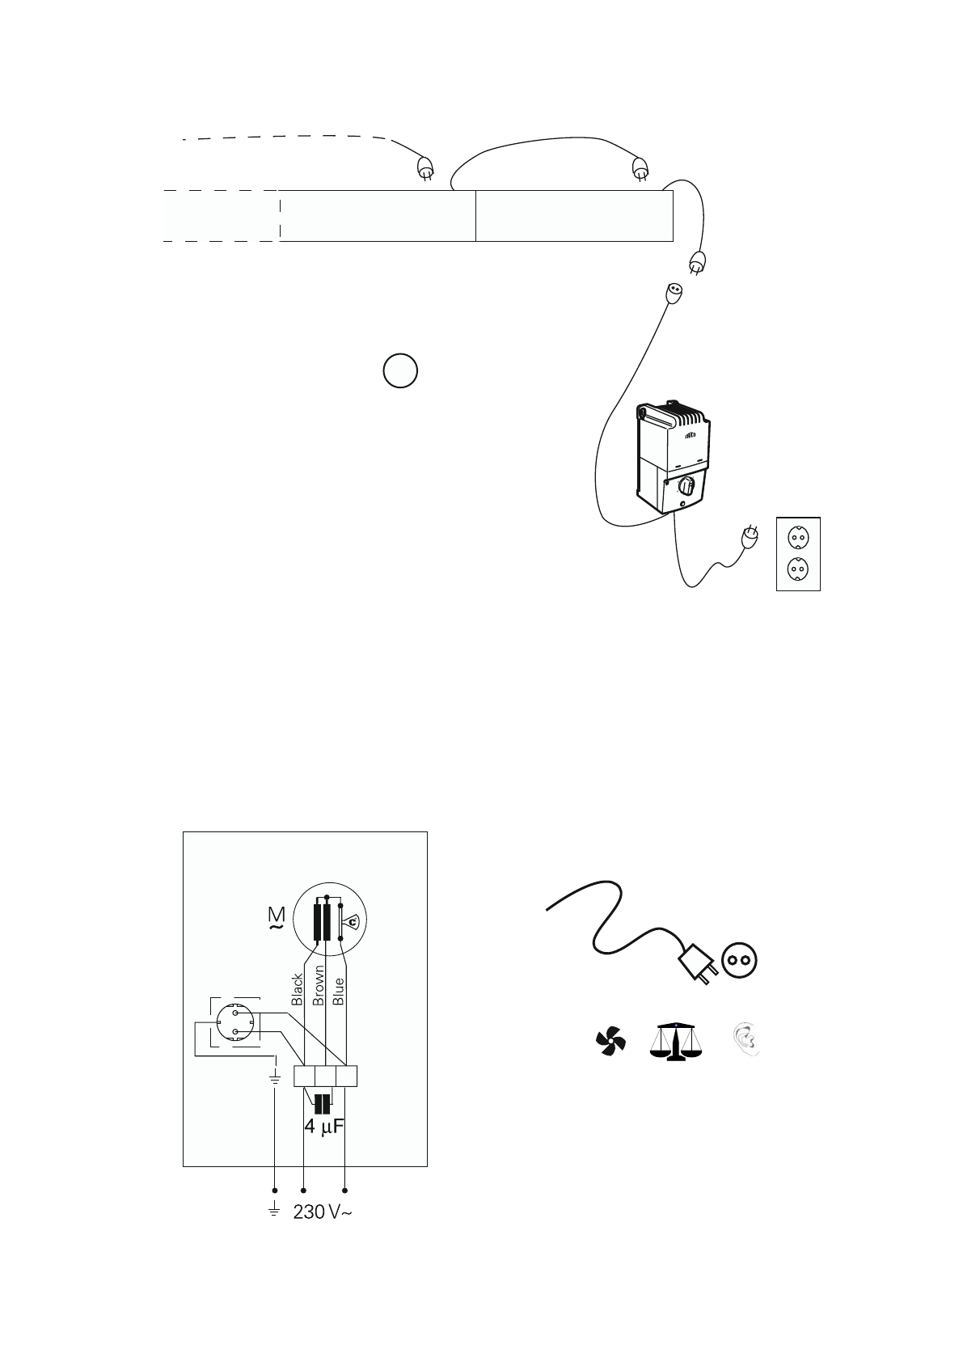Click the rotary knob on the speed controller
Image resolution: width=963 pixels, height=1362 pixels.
coord(686,486)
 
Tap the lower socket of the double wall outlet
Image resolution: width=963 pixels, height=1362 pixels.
coord(797,570)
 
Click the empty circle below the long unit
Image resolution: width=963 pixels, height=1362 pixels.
coord(400,370)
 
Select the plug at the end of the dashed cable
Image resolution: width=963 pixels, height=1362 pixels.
coord(424,168)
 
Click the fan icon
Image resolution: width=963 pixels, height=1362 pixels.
coord(610,1042)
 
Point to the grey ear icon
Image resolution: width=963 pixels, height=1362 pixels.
coord(746,1042)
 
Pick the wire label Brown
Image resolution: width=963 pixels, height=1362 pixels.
coord(319,985)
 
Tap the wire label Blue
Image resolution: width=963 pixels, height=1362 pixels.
coord(339,991)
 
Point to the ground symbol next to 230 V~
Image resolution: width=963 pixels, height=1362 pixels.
coord(274,1210)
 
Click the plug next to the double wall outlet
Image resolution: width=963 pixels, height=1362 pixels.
coord(750,535)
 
